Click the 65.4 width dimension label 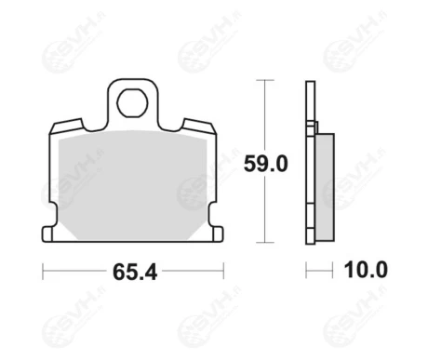[x=135, y=272]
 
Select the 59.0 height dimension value [x=266, y=164]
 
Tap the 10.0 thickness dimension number [x=366, y=270]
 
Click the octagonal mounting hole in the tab [x=132, y=103]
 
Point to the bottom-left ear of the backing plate [x=47, y=234]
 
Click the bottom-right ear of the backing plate [x=218, y=234]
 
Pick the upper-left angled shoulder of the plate [x=67, y=126]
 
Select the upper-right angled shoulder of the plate [x=199, y=126]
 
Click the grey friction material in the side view [x=325, y=187]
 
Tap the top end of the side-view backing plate [x=311, y=82]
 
